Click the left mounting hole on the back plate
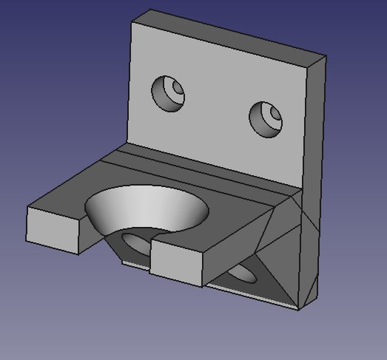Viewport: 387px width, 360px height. coord(168,93)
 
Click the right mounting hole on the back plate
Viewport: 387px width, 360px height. coord(266,119)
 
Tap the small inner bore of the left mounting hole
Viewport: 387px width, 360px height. coord(176,91)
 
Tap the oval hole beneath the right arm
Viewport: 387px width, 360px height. coord(241,274)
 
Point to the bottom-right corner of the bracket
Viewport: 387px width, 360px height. coord(299,309)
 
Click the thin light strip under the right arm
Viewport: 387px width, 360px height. coord(252,294)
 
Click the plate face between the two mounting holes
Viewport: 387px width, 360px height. coord(218,103)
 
